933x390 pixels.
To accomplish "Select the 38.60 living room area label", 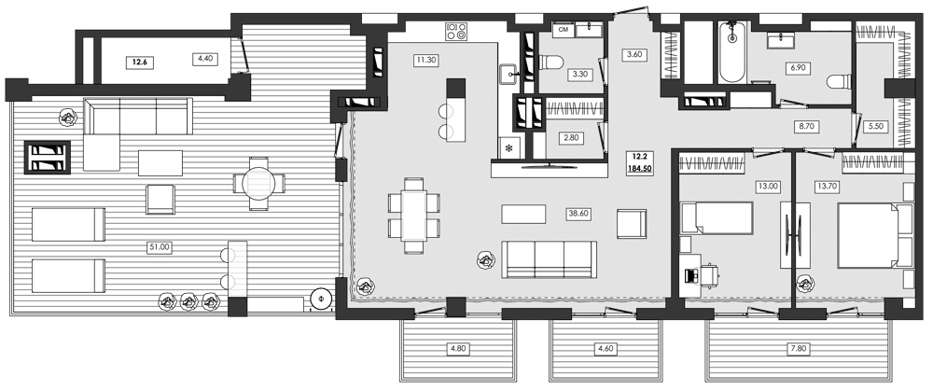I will [580, 213].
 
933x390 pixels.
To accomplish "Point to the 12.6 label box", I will [140, 63].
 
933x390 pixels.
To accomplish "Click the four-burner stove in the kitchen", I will [456, 32].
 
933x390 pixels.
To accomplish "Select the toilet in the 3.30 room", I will [550, 63].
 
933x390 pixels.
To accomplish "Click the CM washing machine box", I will [564, 30].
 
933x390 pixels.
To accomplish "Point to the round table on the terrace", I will [260, 183].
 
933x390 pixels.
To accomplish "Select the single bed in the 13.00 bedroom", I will [717, 218].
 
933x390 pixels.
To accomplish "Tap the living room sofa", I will [549, 258].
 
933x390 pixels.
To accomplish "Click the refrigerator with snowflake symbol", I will [508, 147].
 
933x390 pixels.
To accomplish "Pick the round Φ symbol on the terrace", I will [321, 300].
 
